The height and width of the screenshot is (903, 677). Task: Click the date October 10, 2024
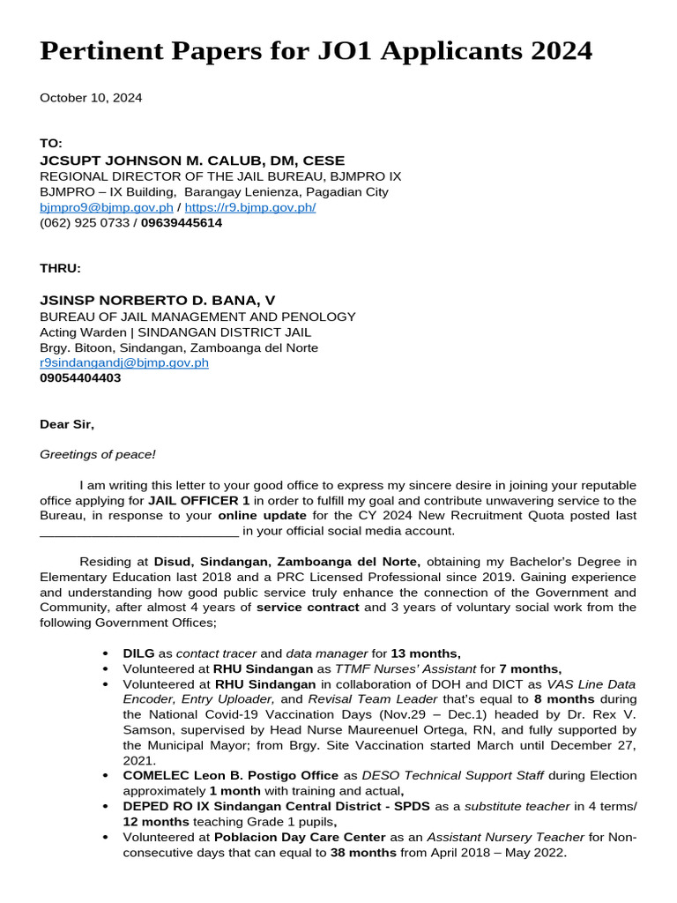pyautogui.click(x=91, y=98)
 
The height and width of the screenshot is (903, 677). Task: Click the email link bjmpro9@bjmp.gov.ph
pyautogui.click(x=106, y=207)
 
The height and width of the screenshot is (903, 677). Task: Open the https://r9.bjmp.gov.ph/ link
pyautogui.click(x=249, y=207)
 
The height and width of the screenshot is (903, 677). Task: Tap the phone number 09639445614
pyautogui.click(x=182, y=223)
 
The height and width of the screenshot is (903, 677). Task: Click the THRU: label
pyautogui.click(x=60, y=268)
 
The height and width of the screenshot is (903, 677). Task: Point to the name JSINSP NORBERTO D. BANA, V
pyautogui.click(x=158, y=301)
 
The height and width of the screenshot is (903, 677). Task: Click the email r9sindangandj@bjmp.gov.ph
pyautogui.click(x=124, y=362)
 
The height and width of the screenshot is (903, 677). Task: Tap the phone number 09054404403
pyautogui.click(x=80, y=378)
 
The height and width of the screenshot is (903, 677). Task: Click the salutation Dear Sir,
pyautogui.click(x=67, y=424)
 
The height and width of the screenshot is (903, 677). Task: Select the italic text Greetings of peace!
pyautogui.click(x=98, y=455)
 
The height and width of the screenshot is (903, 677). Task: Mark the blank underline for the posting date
pyautogui.click(x=139, y=531)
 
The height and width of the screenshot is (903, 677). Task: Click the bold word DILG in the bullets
pyautogui.click(x=138, y=653)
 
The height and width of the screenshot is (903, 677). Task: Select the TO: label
pyautogui.click(x=51, y=144)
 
